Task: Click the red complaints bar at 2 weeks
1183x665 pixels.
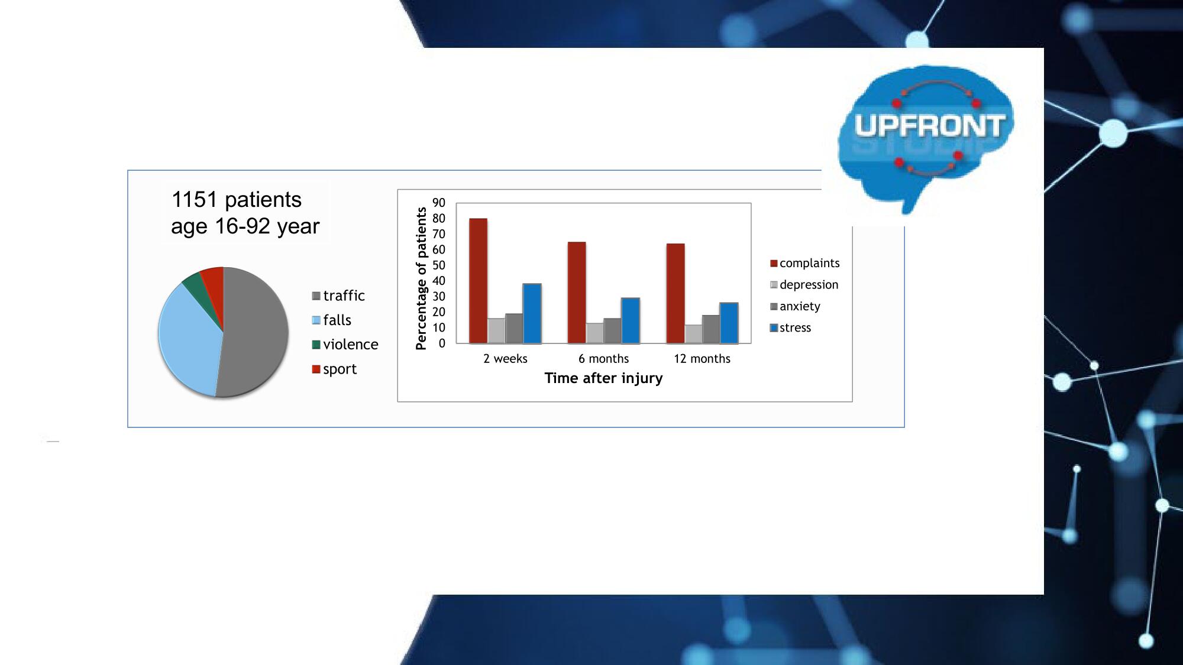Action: pyautogui.click(x=479, y=281)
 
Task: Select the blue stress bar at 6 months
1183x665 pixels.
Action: pyautogui.click(x=631, y=320)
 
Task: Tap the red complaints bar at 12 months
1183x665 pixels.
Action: pyautogui.click(x=675, y=293)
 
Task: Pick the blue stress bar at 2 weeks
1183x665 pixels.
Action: pyautogui.click(x=532, y=313)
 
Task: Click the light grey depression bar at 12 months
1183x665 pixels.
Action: pyautogui.click(x=693, y=334)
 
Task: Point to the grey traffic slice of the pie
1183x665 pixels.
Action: pyautogui.click(x=254, y=331)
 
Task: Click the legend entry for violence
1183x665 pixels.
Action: pyautogui.click(x=345, y=345)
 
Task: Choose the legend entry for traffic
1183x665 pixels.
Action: pyautogui.click(x=338, y=296)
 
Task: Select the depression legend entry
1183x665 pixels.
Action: pyautogui.click(x=804, y=285)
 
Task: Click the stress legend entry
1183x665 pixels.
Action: pyautogui.click(x=791, y=328)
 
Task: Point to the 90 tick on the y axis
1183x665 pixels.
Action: pyautogui.click(x=439, y=203)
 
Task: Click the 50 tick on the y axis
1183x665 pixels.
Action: pyautogui.click(x=439, y=265)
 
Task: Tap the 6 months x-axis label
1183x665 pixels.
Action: pyautogui.click(x=603, y=359)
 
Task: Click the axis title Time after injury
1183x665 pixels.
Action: pyautogui.click(x=603, y=378)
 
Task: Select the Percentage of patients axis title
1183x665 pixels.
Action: pyautogui.click(x=421, y=278)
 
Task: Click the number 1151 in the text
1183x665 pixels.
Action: pyautogui.click(x=194, y=200)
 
